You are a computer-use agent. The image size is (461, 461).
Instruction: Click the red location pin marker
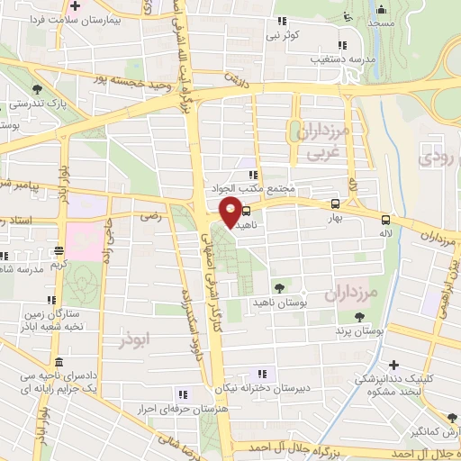pyautogui.click(x=230, y=212)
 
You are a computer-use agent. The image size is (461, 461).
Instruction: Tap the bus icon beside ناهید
pyautogui.click(x=248, y=213)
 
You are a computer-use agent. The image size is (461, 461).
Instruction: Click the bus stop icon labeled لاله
pyautogui.click(x=385, y=219)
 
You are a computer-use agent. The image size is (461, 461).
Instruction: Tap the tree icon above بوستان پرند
pyautogui.click(x=359, y=318)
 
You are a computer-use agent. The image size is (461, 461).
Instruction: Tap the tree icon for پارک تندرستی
pyautogui.click(x=37, y=89)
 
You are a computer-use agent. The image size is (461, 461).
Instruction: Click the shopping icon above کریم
pyautogui.click(x=59, y=251)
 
